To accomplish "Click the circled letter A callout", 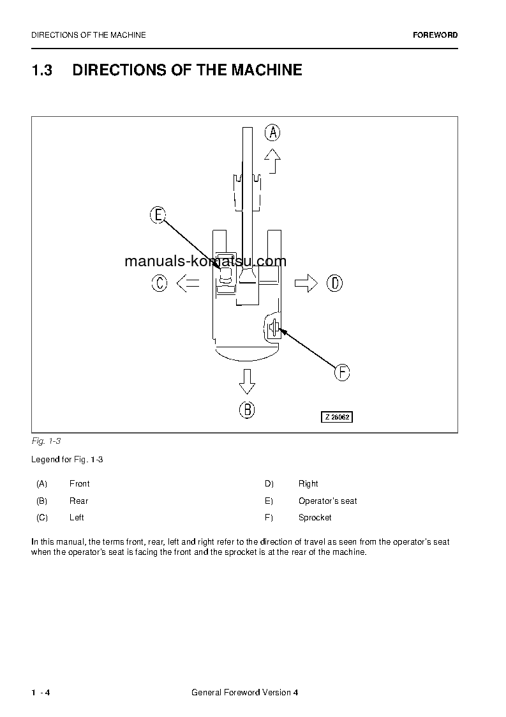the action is click(x=272, y=133).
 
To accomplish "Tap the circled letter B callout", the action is click(x=247, y=410).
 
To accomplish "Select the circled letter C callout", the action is click(x=160, y=283).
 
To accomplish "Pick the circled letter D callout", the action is click(x=334, y=283).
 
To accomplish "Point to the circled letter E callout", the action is click(x=158, y=215).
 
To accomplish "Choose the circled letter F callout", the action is click(x=343, y=372).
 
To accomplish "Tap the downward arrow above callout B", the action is click(x=247, y=382).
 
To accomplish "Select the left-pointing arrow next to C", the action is click(x=188, y=283).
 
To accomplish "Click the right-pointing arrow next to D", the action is click(x=306, y=283).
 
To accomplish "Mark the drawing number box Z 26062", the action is click(x=336, y=417).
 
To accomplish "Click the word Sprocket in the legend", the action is click(x=315, y=518).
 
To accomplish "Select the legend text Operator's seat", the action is click(x=327, y=501).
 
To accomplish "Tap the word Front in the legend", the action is click(x=79, y=484).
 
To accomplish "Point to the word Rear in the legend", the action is click(x=78, y=501).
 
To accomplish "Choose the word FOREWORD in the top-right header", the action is click(x=435, y=35).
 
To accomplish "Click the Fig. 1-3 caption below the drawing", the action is click(x=46, y=441).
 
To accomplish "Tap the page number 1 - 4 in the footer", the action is click(x=40, y=693).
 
